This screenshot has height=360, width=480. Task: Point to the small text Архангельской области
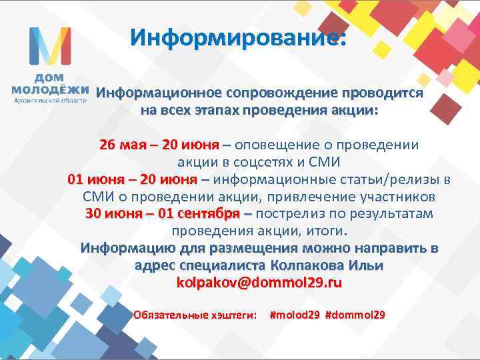tap(51, 101)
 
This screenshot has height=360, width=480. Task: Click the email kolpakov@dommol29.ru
tap(259, 283)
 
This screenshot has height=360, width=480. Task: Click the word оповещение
tap(273, 145)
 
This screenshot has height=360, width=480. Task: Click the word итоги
tap(331, 231)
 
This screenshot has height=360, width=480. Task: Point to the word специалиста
tap(227, 265)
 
